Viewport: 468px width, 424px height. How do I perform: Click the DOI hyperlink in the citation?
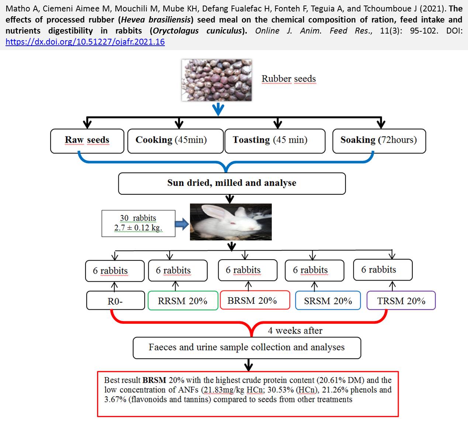coord(85,42)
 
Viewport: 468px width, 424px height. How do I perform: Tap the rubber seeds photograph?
coord(217,80)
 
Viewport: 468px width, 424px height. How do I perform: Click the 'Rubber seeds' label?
coord(289,79)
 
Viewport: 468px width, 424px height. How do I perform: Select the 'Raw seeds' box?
coord(87,141)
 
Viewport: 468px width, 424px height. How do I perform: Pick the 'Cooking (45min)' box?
coord(176,141)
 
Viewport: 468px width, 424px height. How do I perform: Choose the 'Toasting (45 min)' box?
coord(275,141)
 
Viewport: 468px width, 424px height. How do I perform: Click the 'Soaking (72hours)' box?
coord(379,141)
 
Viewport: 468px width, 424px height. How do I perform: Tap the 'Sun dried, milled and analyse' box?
coord(232,183)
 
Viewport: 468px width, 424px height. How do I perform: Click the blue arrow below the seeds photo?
coord(218,110)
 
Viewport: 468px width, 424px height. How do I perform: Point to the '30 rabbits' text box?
coord(138,223)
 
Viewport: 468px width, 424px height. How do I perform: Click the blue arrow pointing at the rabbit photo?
coord(182,224)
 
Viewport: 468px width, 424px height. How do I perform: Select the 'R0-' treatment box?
coord(115,300)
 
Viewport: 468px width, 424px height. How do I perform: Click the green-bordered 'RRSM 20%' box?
coord(183,300)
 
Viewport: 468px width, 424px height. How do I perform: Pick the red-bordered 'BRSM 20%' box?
coord(255,300)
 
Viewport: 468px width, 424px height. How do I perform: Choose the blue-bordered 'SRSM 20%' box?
coord(328,300)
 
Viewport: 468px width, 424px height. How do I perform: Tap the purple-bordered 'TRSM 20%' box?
coord(401,300)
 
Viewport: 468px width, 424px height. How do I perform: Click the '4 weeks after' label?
coord(295,330)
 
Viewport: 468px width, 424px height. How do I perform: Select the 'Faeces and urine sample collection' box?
coord(247,348)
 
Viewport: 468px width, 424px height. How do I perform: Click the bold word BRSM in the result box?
coord(154,380)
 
